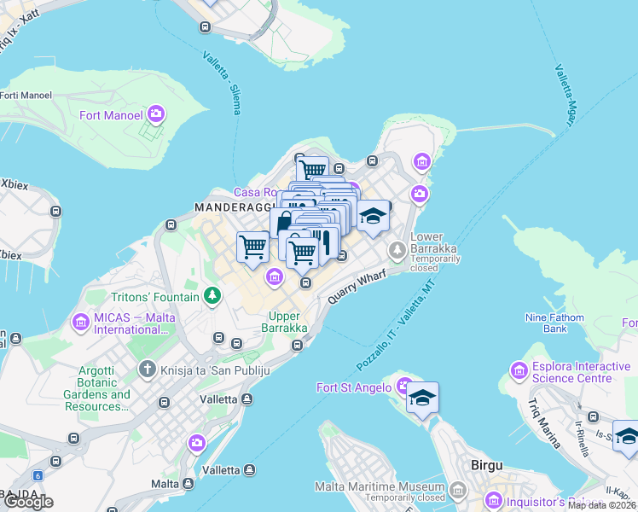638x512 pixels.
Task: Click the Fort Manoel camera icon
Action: click(x=156, y=113)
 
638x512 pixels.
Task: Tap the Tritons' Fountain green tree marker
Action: click(x=212, y=297)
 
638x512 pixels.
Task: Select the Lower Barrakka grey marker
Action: click(x=397, y=250)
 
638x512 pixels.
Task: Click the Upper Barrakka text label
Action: click(x=283, y=323)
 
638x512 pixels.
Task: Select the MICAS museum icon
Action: click(x=81, y=323)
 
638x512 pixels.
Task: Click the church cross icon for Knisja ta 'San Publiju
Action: click(x=147, y=370)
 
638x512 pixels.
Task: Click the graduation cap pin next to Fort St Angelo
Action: click(x=422, y=399)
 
